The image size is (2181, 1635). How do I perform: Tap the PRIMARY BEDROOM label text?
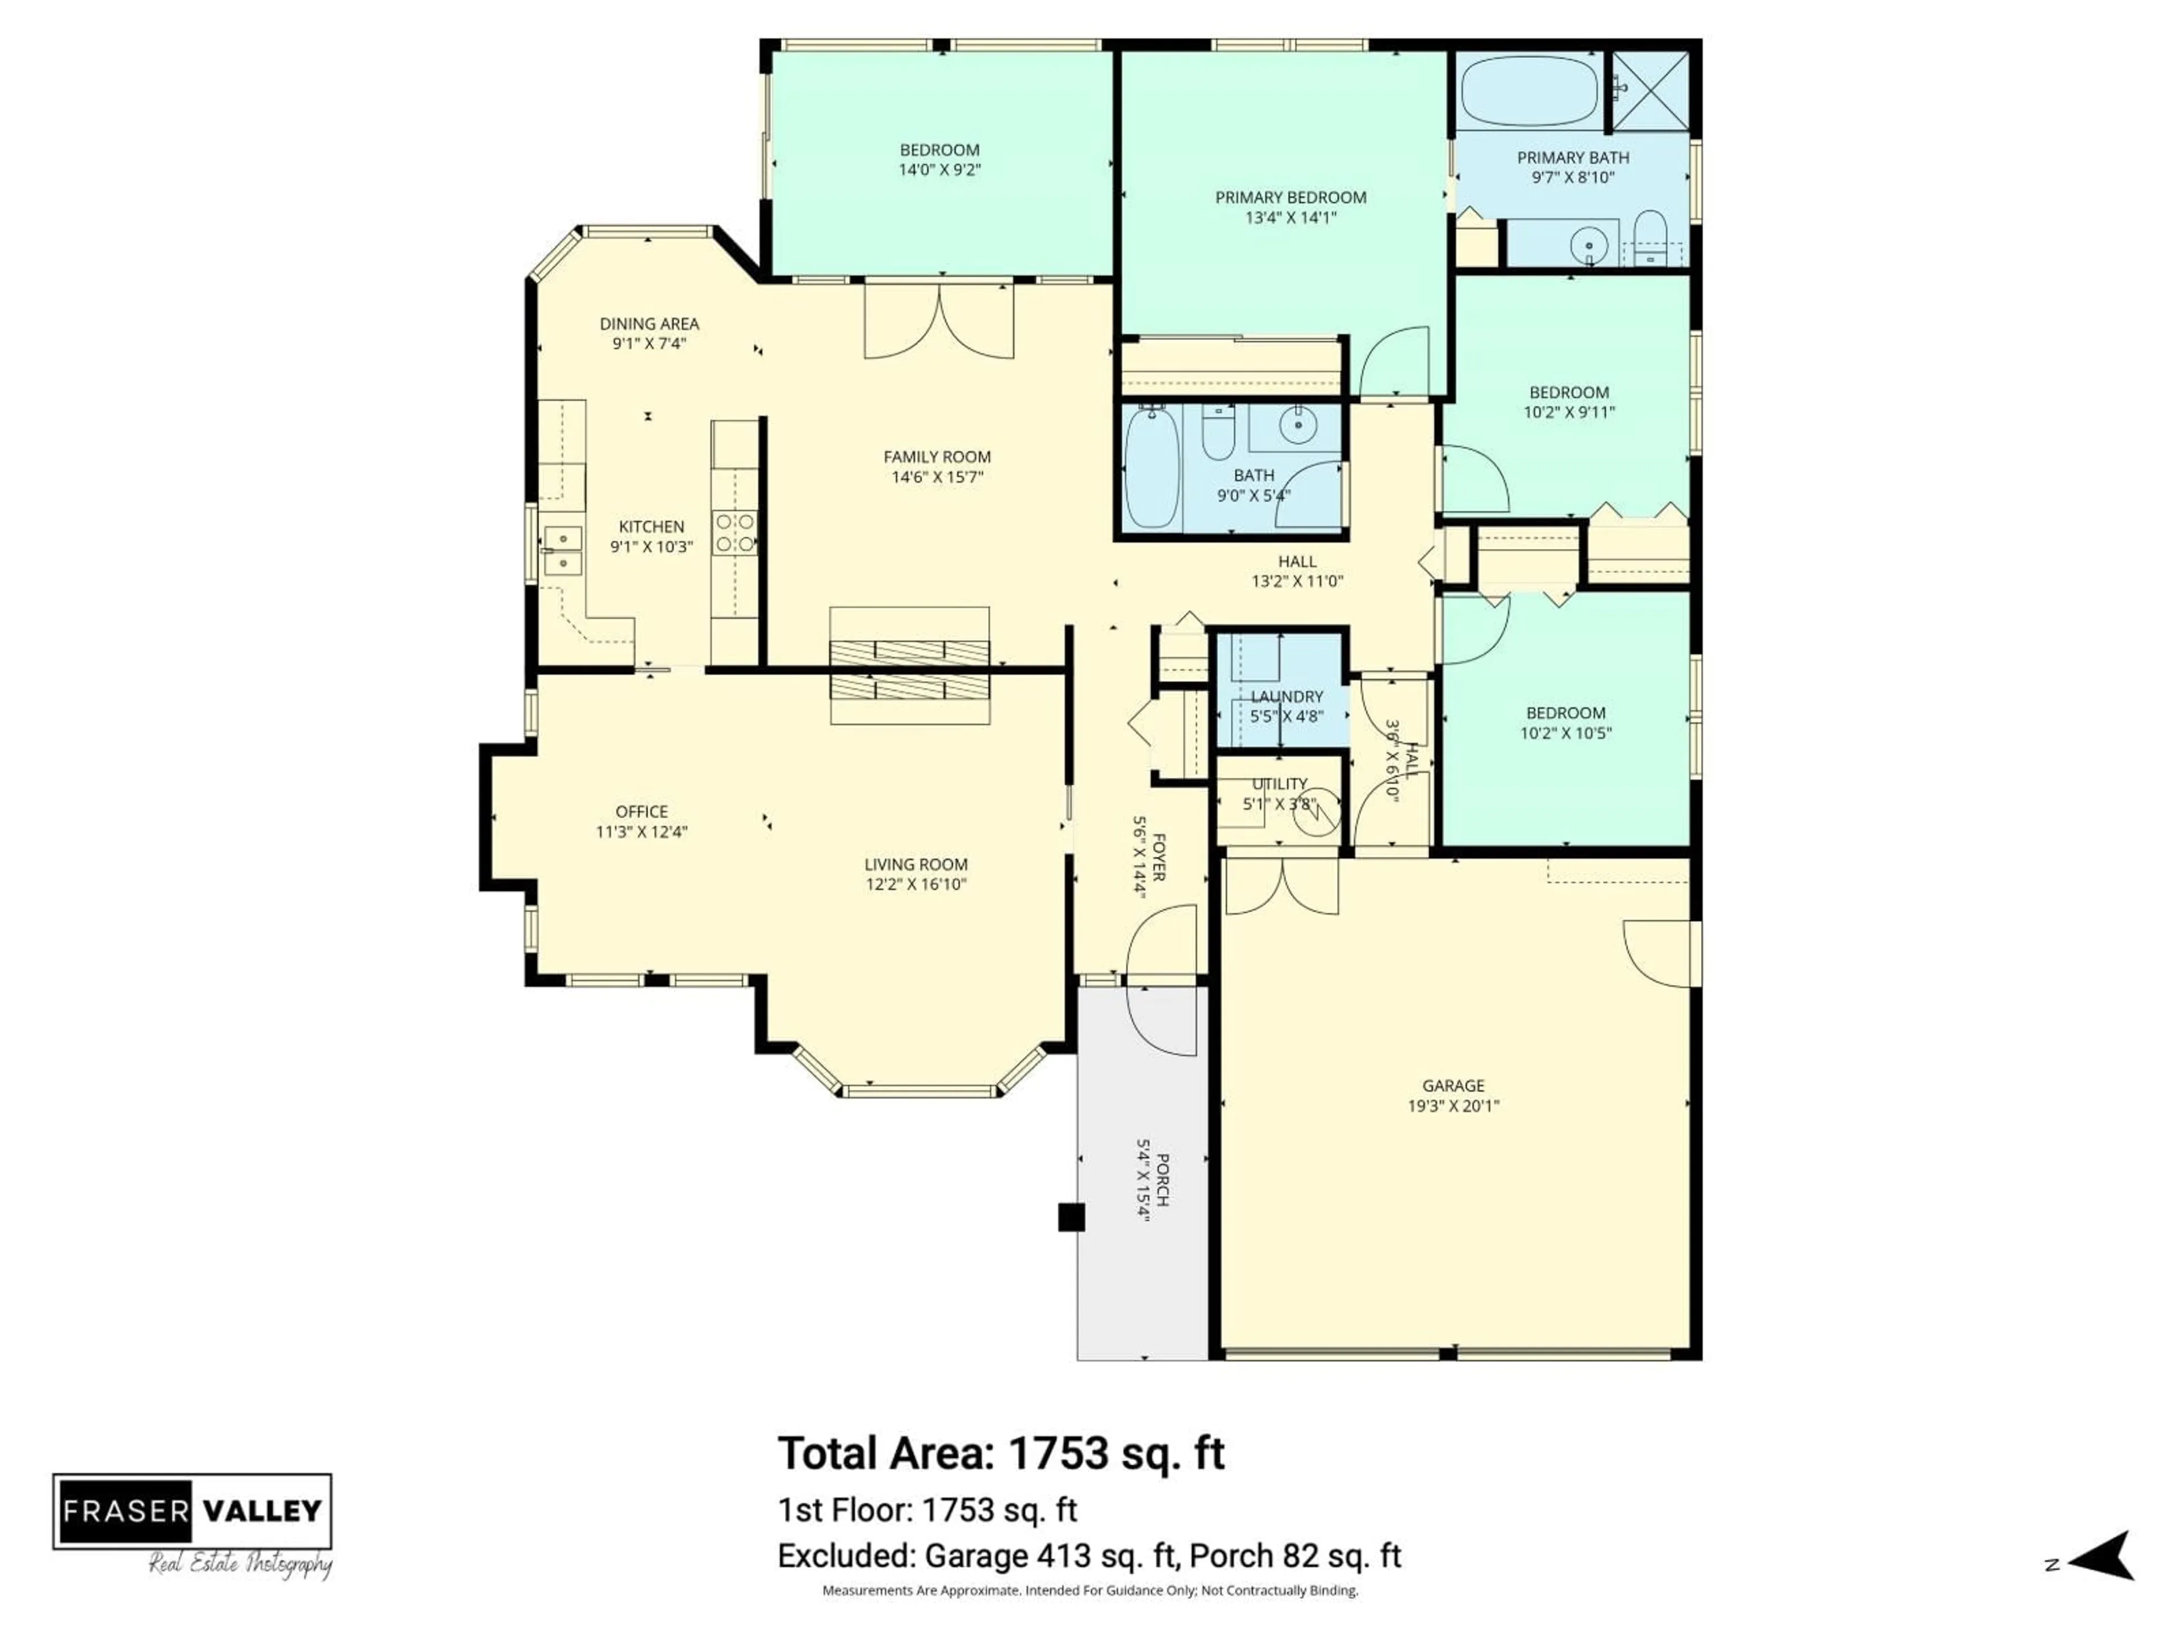point(1290,197)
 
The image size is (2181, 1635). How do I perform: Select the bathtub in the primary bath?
point(1530,91)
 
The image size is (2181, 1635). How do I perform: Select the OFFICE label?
point(642,811)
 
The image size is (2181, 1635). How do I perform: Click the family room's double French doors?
point(939,323)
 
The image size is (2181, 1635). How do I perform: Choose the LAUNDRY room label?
point(1286,697)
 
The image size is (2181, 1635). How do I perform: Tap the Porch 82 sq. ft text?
point(1294,1556)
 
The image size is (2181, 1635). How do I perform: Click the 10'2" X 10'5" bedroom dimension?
point(1566,732)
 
